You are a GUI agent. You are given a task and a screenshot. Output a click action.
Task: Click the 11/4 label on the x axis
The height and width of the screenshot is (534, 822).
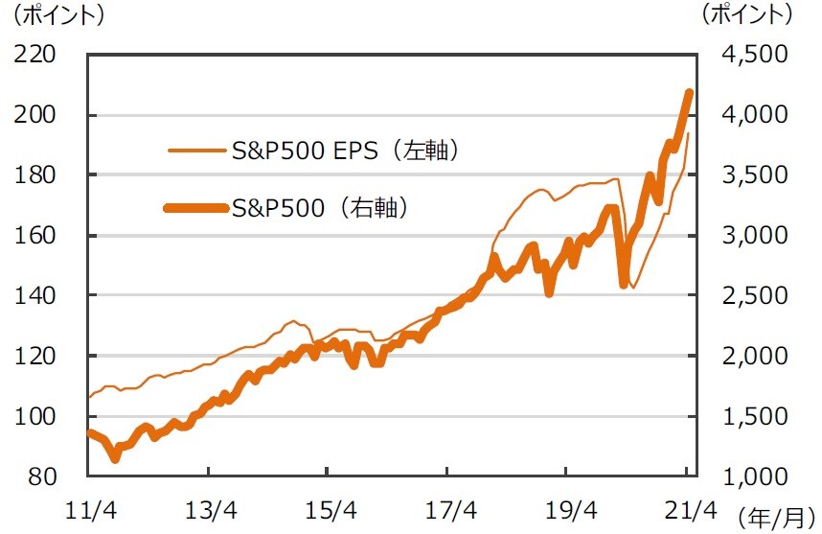(x=88, y=507)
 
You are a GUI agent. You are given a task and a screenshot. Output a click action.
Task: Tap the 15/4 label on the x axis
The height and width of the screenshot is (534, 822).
(x=328, y=507)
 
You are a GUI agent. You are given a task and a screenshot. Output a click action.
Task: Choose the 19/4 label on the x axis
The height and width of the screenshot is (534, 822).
(x=567, y=507)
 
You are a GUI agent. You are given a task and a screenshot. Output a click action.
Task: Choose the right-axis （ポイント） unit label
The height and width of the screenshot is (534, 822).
(x=748, y=16)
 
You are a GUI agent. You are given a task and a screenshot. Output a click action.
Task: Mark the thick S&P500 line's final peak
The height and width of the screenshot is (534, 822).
(x=689, y=92)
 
